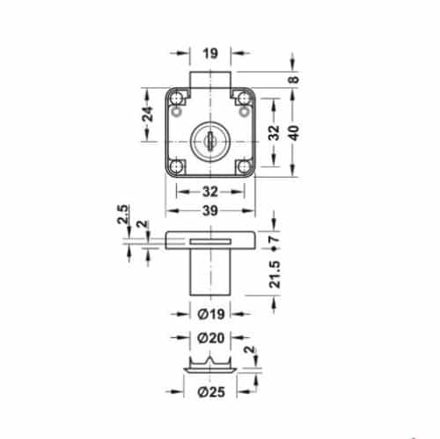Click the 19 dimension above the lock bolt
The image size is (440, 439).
click(210, 52)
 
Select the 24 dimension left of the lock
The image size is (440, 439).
click(150, 113)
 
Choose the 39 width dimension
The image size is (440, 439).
click(210, 212)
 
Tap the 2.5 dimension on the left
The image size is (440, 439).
click(122, 214)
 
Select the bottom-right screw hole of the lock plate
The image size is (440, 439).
click(244, 165)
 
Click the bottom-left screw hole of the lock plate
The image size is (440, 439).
click(177, 165)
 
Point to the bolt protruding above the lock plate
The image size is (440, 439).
click(210, 80)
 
